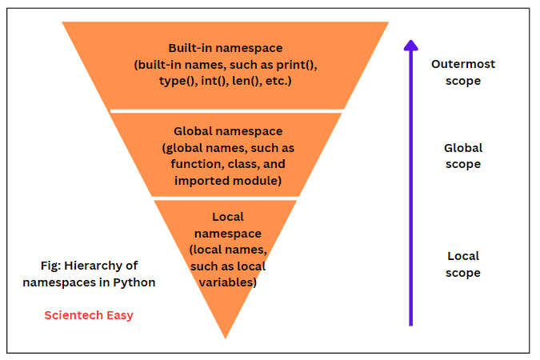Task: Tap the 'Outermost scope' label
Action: click(x=463, y=72)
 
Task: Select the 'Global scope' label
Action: click(x=463, y=156)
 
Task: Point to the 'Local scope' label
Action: click(x=463, y=265)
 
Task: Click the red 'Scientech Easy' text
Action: click(x=89, y=315)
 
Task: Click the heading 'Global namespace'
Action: click(x=227, y=130)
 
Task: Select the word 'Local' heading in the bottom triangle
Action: click(x=228, y=217)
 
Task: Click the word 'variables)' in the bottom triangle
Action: click(x=228, y=282)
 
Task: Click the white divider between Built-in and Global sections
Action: click(x=227, y=110)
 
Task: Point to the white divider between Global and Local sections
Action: click(x=226, y=198)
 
